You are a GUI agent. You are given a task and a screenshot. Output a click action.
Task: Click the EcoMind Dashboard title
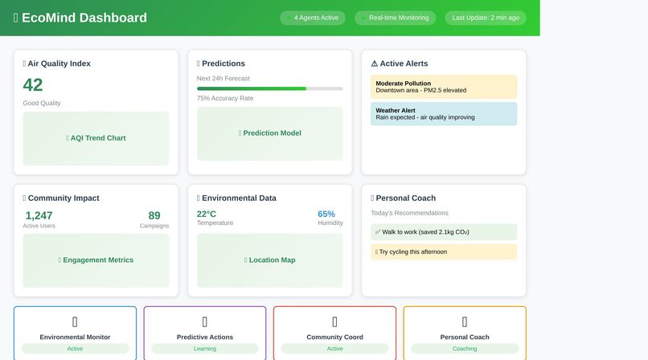point(80,18)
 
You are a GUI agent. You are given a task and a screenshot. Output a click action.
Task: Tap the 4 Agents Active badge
point(313,18)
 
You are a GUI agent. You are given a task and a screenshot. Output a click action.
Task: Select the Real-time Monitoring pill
point(396,18)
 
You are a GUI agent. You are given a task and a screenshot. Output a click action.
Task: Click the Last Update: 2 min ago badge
point(486,18)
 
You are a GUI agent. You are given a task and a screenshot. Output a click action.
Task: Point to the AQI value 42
point(33,85)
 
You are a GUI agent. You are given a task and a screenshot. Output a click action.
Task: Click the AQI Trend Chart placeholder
point(96,138)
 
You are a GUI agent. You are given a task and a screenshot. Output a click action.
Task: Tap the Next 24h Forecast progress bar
point(269,88)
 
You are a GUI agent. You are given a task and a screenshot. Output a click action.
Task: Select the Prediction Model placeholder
point(269,133)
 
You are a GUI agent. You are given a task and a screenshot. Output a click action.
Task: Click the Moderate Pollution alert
point(444,87)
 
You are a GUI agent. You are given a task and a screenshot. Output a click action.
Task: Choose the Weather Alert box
point(444,113)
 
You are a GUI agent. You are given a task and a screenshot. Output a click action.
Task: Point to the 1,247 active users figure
point(39,215)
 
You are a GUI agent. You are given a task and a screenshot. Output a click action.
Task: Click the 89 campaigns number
point(154,215)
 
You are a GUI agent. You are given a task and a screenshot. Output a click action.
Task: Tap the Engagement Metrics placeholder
point(96,260)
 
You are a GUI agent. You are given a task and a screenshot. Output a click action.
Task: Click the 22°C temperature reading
point(207,214)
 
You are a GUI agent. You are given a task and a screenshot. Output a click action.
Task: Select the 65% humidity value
point(326,214)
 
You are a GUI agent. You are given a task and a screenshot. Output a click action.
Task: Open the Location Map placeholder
point(269,260)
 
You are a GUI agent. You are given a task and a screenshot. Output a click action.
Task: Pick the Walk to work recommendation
point(444,232)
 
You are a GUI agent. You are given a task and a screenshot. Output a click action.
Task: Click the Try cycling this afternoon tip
point(444,252)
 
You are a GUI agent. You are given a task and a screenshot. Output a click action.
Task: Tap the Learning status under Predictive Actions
point(205,349)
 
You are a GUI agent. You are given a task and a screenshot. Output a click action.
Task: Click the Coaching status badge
point(465,349)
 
